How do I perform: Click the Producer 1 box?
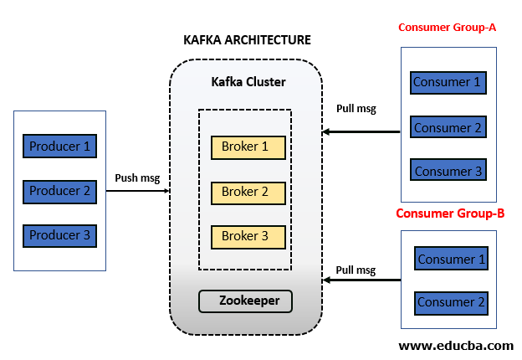point(59,147)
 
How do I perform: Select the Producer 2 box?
point(59,191)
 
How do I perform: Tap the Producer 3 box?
point(59,235)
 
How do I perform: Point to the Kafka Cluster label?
point(248,82)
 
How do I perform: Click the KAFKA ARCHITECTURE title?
point(247,40)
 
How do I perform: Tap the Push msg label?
point(137,177)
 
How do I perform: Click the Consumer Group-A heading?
point(448,28)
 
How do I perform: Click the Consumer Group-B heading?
point(450,213)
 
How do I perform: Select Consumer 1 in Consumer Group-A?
point(448,83)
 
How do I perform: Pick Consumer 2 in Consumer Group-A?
point(448,128)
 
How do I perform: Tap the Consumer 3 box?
point(448,172)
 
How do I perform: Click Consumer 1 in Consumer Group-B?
point(451,259)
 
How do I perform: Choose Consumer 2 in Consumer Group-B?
point(451,302)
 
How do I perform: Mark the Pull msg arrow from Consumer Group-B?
point(362,281)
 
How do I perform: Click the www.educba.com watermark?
point(456,345)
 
